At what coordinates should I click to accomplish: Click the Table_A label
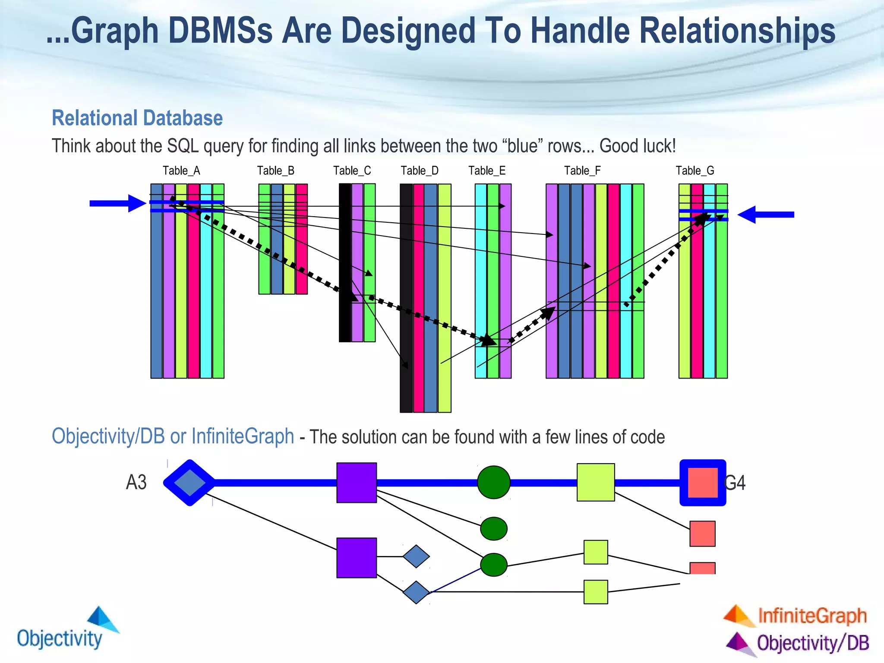pyautogui.click(x=181, y=171)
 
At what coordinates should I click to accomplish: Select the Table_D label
pyautogui.click(x=419, y=171)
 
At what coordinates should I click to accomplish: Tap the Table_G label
pyautogui.click(x=695, y=171)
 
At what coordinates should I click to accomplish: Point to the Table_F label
pyautogui.click(x=582, y=171)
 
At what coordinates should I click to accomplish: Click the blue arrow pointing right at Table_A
pyautogui.click(x=117, y=203)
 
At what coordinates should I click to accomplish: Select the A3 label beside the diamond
pyautogui.click(x=136, y=482)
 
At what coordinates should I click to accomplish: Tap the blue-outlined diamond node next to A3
pyautogui.click(x=189, y=482)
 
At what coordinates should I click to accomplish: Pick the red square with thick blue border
pyautogui.click(x=702, y=483)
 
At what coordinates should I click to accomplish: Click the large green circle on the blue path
pyautogui.click(x=493, y=482)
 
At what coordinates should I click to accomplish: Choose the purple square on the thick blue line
pyautogui.click(x=357, y=483)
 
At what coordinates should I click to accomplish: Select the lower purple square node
pyautogui.click(x=357, y=557)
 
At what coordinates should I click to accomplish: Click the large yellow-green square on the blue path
pyautogui.click(x=596, y=482)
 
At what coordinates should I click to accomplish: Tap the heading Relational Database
pyautogui.click(x=137, y=118)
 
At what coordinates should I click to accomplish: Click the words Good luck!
pyautogui.click(x=638, y=146)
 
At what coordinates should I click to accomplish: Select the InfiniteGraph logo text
pyautogui.click(x=811, y=616)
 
